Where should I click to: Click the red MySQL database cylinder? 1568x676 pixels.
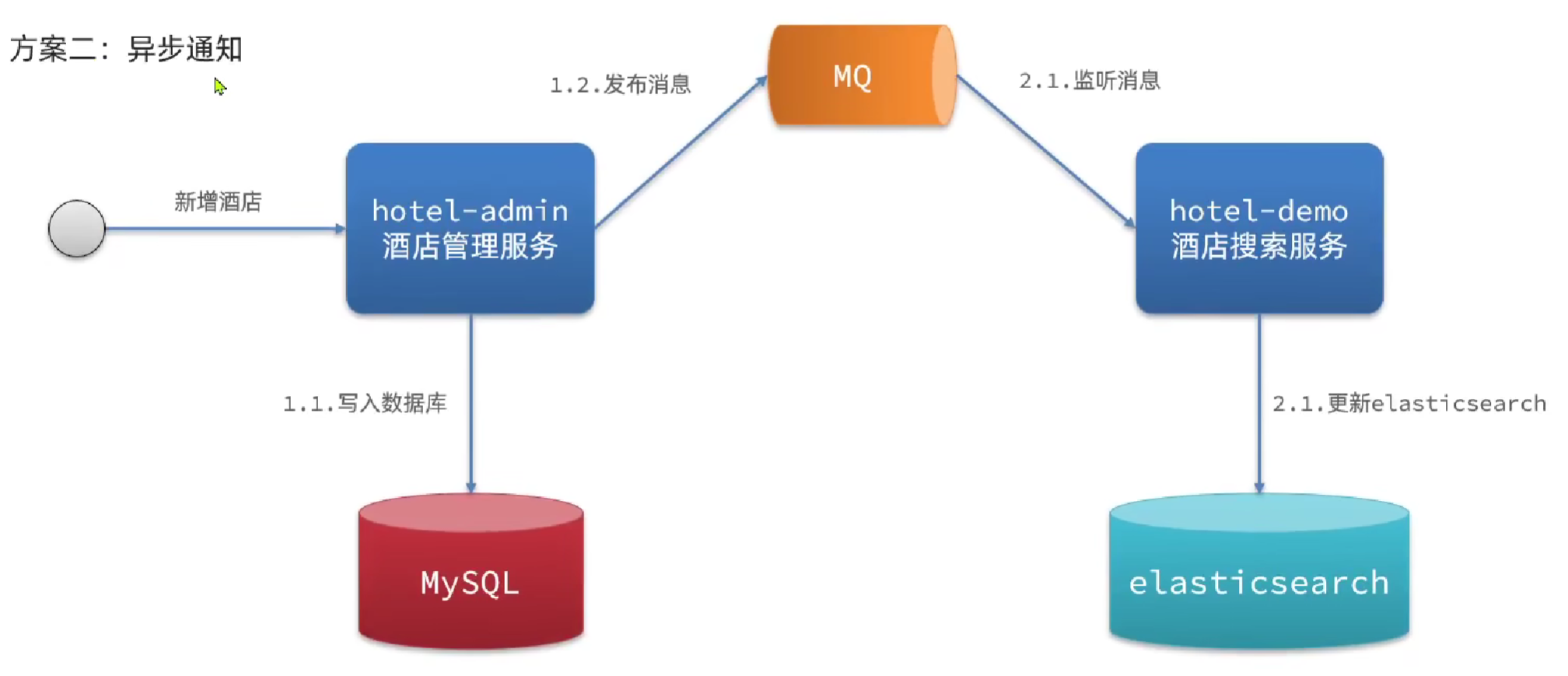(x=471, y=572)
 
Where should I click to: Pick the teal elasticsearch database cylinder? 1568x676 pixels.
(x=1258, y=572)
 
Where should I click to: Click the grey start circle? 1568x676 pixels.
(x=76, y=229)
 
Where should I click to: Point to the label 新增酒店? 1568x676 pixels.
(x=218, y=202)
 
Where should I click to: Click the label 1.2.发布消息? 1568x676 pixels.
(x=620, y=84)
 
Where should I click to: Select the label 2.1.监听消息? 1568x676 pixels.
(x=1090, y=80)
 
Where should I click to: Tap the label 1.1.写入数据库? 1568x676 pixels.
(x=365, y=403)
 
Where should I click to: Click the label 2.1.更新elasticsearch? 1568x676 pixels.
(x=1409, y=403)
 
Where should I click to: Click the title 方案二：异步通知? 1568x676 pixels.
(x=126, y=48)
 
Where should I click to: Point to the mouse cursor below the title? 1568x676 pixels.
(x=220, y=86)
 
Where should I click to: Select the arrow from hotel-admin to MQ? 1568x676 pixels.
(x=681, y=151)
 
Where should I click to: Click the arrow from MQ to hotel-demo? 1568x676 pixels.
(x=1046, y=151)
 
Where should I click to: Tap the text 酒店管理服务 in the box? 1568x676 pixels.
(x=470, y=247)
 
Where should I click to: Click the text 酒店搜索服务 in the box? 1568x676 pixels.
(x=1258, y=247)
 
